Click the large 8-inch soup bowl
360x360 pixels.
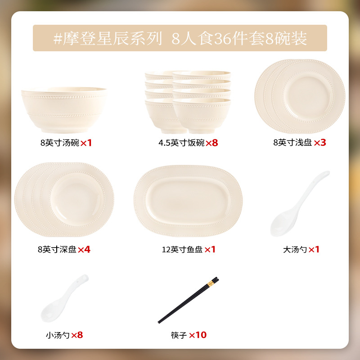click(x=64, y=110)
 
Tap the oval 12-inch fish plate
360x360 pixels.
click(x=188, y=201)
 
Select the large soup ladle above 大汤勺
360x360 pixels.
click(x=300, y=203)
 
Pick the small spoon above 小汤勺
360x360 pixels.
click(x=64, y=298)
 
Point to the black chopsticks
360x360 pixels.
click(x=188, y=300)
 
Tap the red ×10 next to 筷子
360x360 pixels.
click(x=198, y=335)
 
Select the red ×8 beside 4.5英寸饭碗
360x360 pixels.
click(x=211, y=143)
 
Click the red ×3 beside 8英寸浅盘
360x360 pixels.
click(x=320, y=143)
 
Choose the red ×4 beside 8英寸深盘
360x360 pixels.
click(x=84, y=250)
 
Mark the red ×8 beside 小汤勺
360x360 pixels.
click(x=77, y=335)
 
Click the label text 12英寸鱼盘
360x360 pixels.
click(x=182, y=250)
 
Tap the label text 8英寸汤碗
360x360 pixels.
click(x=60, y=143)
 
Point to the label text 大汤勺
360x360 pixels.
click(x=295, y=250)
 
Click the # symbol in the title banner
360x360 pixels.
click(x=58, y=38)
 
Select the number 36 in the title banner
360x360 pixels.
click(x=223, y=39)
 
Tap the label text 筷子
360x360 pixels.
click(x=179, y=335)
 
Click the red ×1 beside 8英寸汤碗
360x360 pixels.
click(x=86, y=143)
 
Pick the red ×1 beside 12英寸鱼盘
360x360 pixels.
click(x=210, y=250)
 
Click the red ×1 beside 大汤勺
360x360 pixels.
click(x=314, y=250)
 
